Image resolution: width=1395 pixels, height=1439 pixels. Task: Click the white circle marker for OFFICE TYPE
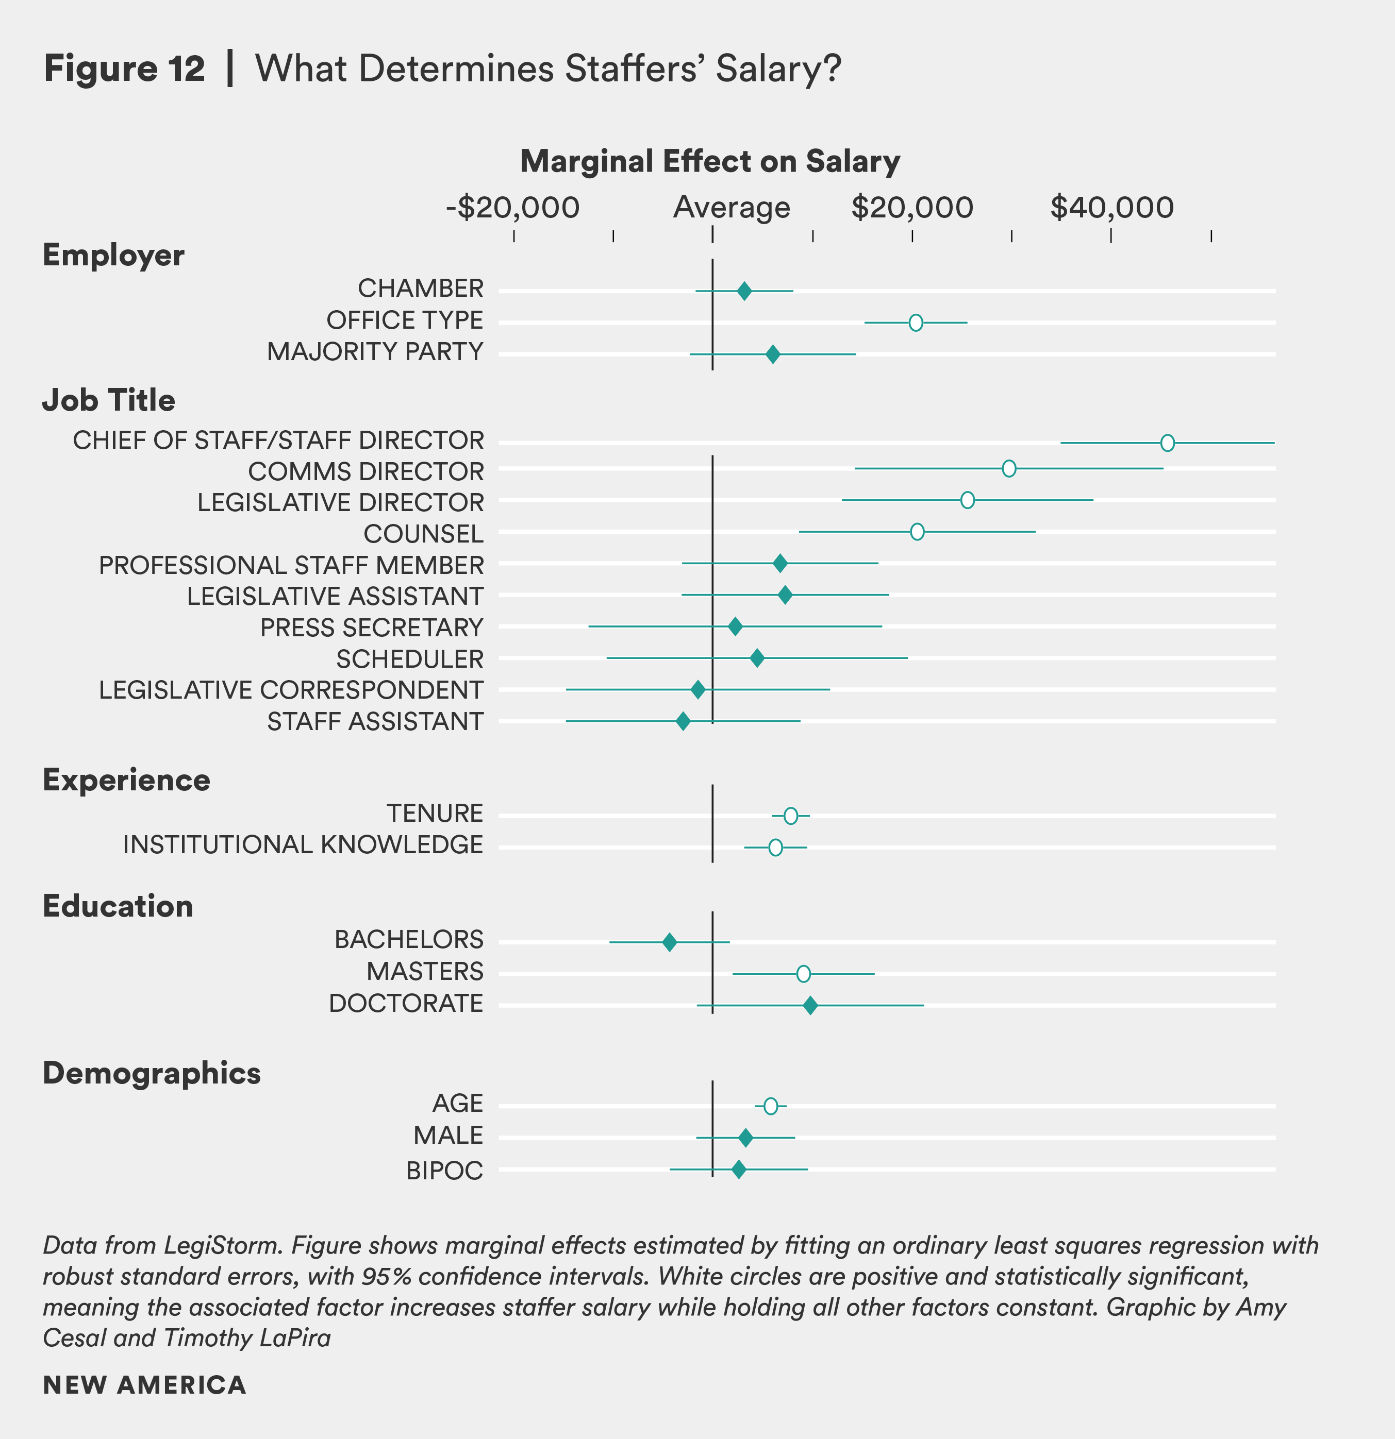point(916,323)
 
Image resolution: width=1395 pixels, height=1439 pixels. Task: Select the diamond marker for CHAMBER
point(744,291)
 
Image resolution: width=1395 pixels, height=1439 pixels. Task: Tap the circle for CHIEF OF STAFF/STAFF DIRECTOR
point(1167,443)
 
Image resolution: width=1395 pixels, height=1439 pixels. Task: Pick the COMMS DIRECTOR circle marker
point(1008,468)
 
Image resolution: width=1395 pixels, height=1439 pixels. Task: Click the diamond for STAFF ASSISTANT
point(683,721)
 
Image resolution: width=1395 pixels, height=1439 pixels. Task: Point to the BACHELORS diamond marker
point(669,942)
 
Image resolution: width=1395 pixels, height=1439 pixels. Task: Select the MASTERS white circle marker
point(803,974)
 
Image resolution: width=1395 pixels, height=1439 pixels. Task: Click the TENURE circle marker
point(790,816)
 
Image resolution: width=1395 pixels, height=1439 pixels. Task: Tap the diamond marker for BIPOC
point(738,1170)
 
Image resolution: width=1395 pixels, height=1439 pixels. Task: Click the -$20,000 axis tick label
point(513,208)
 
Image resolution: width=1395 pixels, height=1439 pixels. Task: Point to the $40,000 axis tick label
point(1111,208)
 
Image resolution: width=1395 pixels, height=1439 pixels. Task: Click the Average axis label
point(732,208)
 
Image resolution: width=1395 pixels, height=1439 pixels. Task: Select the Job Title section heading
point(109,400)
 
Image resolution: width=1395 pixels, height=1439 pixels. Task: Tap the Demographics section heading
point(152,1073)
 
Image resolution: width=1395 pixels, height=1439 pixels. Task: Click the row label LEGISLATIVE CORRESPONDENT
point(291,690)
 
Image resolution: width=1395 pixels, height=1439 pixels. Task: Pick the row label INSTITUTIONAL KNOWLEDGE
point(303,845)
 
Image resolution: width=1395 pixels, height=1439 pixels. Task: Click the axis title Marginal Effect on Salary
point(710,161)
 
